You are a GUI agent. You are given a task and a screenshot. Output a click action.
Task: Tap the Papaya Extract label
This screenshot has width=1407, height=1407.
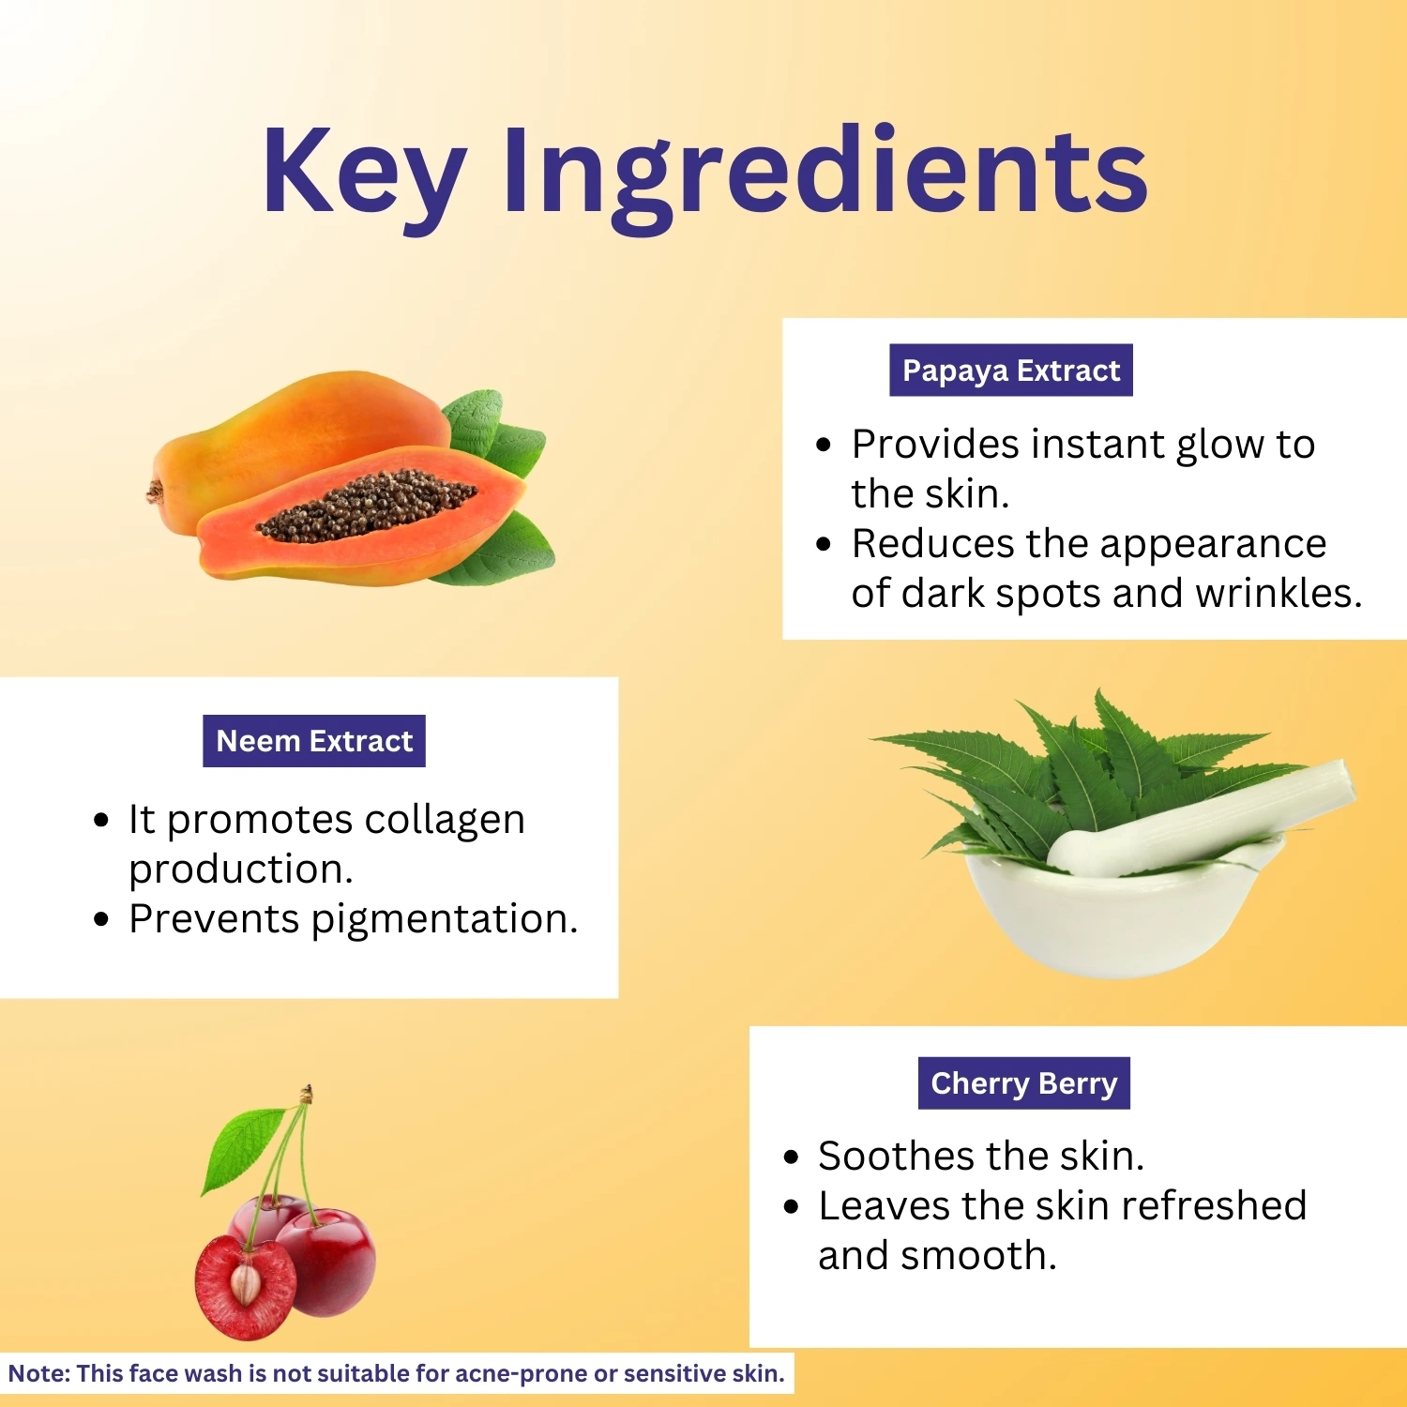1011,371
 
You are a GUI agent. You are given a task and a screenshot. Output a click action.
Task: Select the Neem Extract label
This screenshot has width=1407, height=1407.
314,741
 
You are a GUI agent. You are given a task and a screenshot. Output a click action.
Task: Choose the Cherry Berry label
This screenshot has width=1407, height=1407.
1024,1083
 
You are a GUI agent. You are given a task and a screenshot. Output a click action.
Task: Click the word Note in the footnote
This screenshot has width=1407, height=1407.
39,1373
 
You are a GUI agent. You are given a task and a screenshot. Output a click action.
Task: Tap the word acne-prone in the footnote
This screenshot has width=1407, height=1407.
521,1374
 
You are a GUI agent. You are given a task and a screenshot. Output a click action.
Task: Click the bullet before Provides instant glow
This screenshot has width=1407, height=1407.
824,445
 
